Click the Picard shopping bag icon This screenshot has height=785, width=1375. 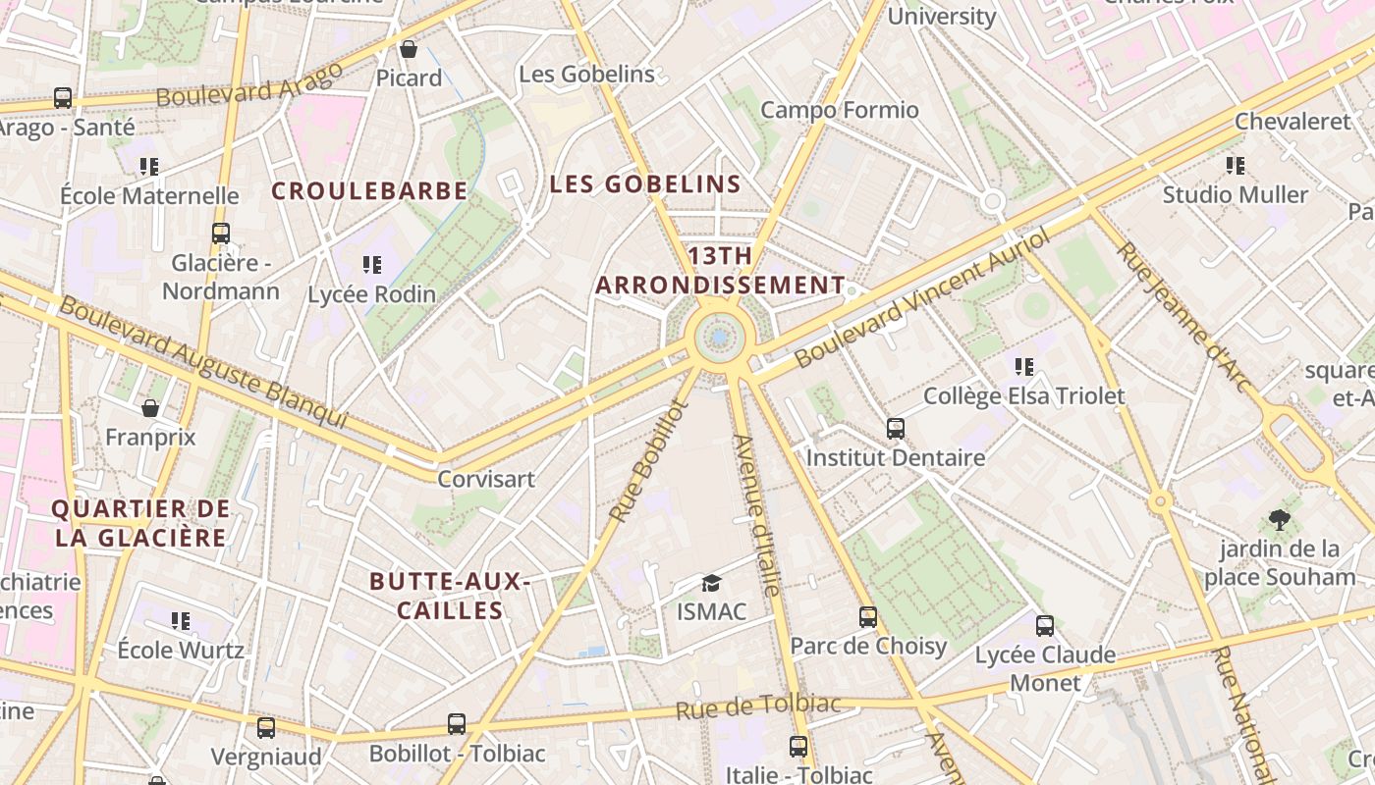click(409, 48)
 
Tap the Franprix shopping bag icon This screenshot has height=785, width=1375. click(150, 408)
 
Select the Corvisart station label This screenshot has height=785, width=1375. click(486, 479)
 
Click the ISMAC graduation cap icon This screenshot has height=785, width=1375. click(711, 583)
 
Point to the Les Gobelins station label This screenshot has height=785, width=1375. click(586, 74)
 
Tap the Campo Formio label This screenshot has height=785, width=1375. click(840, 110)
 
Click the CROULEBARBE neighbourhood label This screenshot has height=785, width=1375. click(369, 190)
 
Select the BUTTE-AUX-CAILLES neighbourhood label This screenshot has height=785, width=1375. click(450, 596)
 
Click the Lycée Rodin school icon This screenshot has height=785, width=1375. click(371, 264)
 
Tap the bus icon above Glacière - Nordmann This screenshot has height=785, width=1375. click(221, 234)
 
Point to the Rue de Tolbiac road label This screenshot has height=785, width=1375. click(758, 706)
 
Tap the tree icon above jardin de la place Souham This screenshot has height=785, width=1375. click(1279, 519)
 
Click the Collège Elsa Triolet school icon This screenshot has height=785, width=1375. click(1024, 367)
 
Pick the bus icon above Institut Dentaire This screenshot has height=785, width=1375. click(896, 428)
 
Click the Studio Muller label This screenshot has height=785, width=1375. click(1236, 194)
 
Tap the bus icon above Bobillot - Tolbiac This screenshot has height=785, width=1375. click(457, 724)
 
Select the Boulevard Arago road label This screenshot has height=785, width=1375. click(249, 84)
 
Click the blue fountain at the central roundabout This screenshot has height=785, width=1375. click(720, 338)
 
